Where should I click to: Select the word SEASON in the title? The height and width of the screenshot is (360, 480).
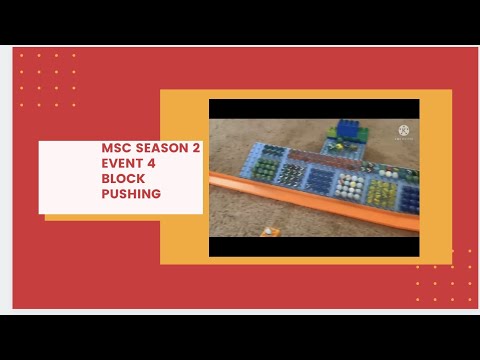tap(161, 146)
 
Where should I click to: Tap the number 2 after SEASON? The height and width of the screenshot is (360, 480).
tap(196, 146)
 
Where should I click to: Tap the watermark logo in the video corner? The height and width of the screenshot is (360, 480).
tap(405, 132)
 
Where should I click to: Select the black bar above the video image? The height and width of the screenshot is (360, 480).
tap(314, 108)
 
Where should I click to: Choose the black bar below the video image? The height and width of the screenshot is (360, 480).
tap(314, 246)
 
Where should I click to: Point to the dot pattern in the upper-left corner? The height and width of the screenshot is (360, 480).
tap(48, 80)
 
